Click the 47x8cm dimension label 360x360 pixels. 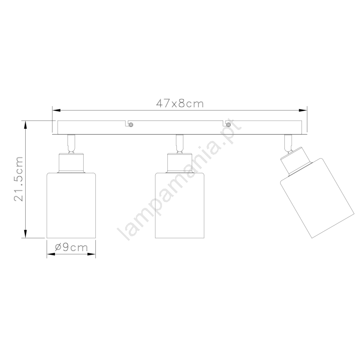point(180,103)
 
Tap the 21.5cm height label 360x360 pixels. point(18,179)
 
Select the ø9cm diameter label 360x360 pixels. point(72,247)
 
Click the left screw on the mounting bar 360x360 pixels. point(131,125)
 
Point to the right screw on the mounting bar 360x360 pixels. point(228,125)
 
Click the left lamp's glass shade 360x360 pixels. point(71,206)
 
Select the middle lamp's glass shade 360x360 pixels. point(180,206)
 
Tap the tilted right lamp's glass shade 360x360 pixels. point(318,198)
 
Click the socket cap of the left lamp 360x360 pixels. point(71,163)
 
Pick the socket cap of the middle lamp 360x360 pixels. point(180,163)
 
